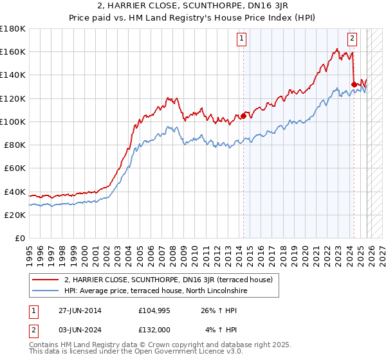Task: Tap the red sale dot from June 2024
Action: [x=354, y=83]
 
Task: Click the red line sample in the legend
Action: [x=46, y=280]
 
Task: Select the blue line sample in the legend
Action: [x=46, y=291]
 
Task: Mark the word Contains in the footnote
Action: [x=45, y=346]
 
